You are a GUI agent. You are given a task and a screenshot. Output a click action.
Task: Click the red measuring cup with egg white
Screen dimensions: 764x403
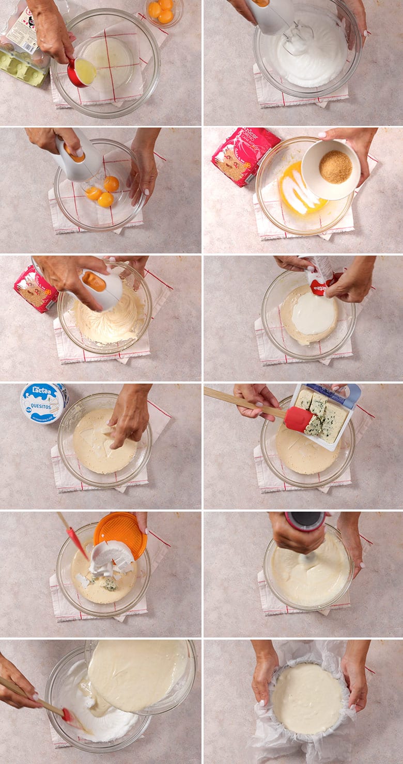tap(82, 73)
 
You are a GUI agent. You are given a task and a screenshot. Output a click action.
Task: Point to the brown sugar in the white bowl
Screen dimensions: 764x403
tap(335, 167)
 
